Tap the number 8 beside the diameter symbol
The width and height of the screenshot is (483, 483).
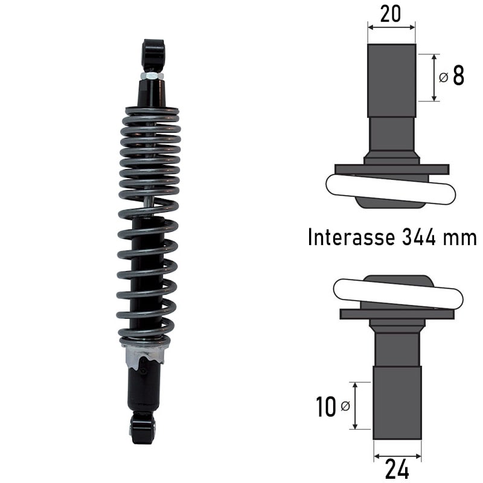(x=458, y=77)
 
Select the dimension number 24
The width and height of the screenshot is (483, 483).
(x=397, y=469)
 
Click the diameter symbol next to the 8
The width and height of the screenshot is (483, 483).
(x=443, y=78)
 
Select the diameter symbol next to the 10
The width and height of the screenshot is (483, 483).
(x=345, y=407)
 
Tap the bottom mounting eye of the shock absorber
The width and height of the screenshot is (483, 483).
(x=142, y=427)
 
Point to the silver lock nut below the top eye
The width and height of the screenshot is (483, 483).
(x=152, y=76)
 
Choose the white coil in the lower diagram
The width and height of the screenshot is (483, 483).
(x=398, y=293)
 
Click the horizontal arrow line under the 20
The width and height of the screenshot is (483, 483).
(x=391, y=27)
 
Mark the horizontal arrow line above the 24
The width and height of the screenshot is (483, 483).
(x=397, y=456)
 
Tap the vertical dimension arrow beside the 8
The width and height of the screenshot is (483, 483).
(x=434, y=77)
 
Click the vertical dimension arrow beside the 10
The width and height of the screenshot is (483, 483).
(x=354, y=406)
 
